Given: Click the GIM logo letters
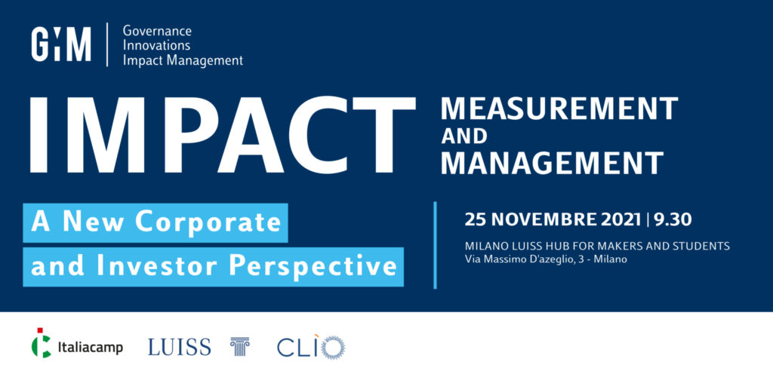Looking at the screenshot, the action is tap(61, 44).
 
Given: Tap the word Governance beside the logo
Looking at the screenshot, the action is tap(157, 32).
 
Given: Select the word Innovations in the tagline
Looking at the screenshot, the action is tap(156, 46).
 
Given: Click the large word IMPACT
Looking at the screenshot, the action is tap(223, 134).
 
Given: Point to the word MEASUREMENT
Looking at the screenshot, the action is tap(559, 109).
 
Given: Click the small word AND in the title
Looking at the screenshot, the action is tap(464, 136).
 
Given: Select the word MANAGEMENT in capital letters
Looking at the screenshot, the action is tap(552, 164).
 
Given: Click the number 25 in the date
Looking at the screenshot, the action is tap(474, 220).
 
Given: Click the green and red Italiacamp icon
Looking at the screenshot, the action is tap(42, 342).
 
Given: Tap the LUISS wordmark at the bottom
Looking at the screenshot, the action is tap(179, 347).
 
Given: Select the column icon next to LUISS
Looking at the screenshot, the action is tap(240, 347).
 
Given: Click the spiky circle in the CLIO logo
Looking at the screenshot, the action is tap(333, 347).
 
